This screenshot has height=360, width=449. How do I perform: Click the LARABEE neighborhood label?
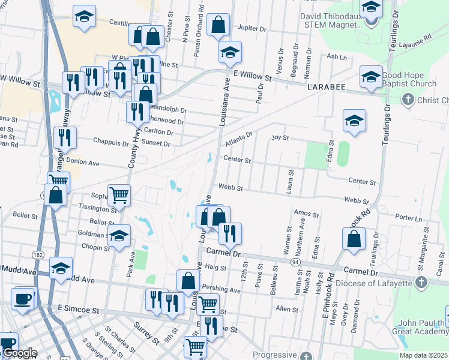[x=328, y=87]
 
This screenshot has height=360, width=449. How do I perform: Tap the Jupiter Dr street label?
[x=252, y=28]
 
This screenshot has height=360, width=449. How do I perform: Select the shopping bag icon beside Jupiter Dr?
[x=218, y=25]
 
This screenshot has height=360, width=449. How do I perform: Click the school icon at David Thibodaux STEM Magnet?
[x=371, y=8]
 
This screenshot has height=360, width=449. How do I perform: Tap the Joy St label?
[x=280, y=137]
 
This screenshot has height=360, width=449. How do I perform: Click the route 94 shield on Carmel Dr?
[x=295, y=262]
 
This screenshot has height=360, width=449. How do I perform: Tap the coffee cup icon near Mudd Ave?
[x=23, y=299]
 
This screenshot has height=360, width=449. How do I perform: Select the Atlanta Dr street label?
[x=240, y=140]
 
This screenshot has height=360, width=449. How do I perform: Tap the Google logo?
[x=19, y=353]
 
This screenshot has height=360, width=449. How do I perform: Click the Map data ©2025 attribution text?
[x=423, y=355]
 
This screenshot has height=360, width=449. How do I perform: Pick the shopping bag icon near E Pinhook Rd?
[x=354, y=238]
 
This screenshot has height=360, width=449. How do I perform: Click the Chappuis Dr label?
[x=111, y=143]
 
